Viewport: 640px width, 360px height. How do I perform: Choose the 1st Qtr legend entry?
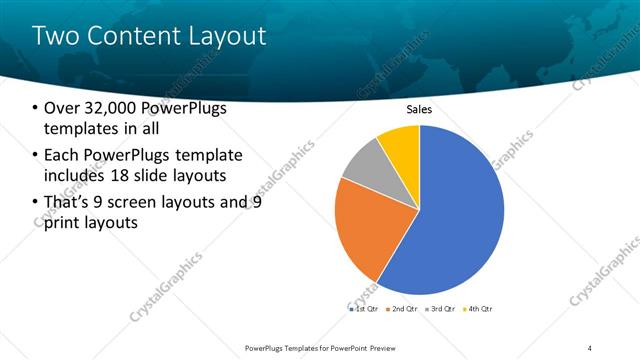(x=364, y=309)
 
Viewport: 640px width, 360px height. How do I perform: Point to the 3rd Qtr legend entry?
(x=441, y=309)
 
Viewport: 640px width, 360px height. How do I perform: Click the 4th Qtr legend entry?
(x=480, y=309)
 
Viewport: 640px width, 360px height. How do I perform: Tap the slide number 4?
(x=591, y=347)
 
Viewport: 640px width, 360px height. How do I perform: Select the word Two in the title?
(x=53, y=36)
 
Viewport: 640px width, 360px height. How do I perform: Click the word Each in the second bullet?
(x=65, y=154)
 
